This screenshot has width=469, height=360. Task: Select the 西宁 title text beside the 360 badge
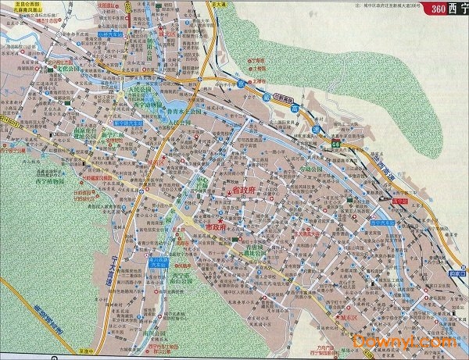(x=456, y=9)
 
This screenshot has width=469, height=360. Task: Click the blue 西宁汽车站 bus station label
(x=384, y=223)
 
